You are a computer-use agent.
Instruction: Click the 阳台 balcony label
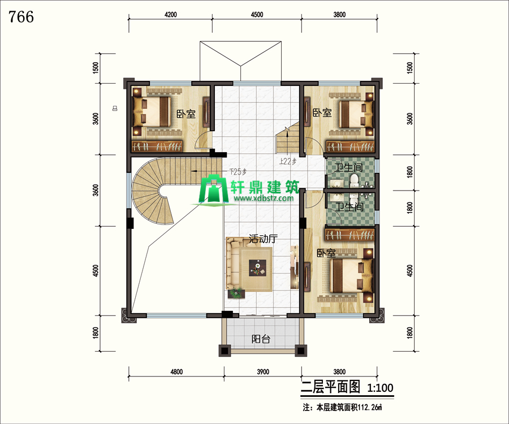tap(261, 339)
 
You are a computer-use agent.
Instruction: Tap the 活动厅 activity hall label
tap(263, 239)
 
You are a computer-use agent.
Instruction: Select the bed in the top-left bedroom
tap(152, 111)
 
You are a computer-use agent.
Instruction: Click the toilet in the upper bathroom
tap(354, 180)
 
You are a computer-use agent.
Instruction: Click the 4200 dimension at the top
tap(171, 15)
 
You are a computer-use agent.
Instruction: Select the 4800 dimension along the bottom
tap(176, 371)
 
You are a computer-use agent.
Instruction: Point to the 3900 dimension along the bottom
tap(263, 371)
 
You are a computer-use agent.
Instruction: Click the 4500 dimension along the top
tap(257, 15)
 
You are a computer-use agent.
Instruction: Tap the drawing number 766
tap(21, 17)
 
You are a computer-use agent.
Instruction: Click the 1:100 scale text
tap(380, 388)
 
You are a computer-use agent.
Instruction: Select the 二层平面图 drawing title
tap(330, 387)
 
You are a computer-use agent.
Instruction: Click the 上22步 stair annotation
tap(288, 161)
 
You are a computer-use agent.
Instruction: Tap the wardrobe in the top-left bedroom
tap(157, 146)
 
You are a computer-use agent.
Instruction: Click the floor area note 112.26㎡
tap(370, 408)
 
